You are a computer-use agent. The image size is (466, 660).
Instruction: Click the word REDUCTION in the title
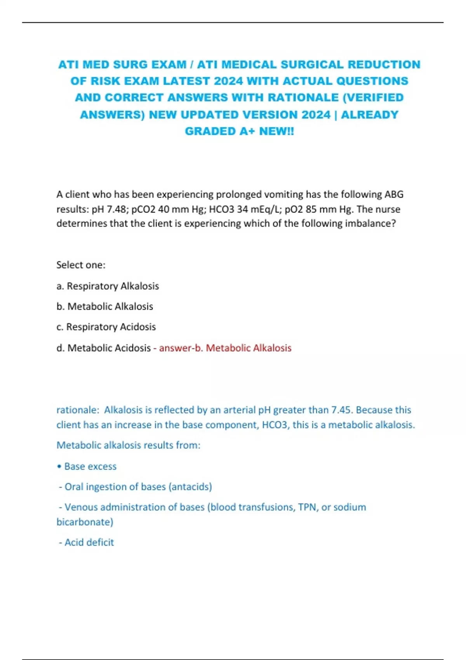click(384, 64)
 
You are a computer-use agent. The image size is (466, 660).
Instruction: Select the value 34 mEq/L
click(259, 209)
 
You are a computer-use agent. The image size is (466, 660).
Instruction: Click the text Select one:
click(81, 265)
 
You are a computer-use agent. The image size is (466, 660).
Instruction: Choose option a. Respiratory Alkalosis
click(108, 286)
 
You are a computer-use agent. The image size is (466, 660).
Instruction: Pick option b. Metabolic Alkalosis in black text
click(105, 306)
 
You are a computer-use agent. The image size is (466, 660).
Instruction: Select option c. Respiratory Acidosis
click(106, 327)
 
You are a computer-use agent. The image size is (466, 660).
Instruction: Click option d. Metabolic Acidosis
click(104, 348)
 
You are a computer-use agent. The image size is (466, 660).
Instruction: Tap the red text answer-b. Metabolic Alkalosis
click(225, 348)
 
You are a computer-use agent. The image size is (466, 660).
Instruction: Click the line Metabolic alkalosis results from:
click(128, 445)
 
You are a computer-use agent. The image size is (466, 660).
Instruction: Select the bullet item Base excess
click(90, 466)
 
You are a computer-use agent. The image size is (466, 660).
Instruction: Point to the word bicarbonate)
click(85, 522)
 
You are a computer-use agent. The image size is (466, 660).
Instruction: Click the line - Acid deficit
click(87, 542)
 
